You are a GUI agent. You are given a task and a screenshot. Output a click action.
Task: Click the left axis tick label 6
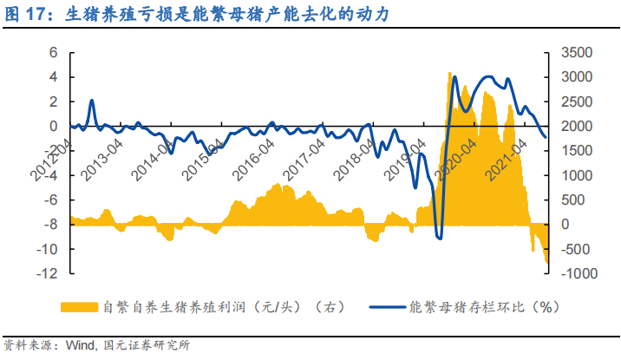[54, 52]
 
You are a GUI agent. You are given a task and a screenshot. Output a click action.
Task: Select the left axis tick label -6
[51, 200]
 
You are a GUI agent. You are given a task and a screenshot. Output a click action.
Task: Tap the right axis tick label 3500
[578, 52]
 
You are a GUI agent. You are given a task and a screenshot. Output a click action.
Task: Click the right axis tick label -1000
[578, 273]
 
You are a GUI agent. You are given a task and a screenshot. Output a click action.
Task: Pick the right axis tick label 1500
[578, 150]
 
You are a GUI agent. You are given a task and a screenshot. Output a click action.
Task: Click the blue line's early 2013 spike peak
[92, 101]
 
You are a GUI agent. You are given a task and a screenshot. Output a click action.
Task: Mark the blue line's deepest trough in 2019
[439, 237]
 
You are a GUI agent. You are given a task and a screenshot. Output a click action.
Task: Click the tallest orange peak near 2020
[449, 73]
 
